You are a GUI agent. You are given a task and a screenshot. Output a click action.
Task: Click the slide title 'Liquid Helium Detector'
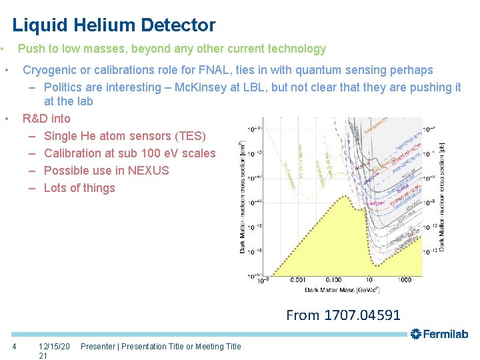click(x=114, y=25)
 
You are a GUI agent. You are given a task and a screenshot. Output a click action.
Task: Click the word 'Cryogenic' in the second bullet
click(x=50, y=70)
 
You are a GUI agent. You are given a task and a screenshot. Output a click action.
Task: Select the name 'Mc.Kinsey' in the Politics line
click(x=201, y=87)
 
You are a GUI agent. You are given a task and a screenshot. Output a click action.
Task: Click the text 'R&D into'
click(x=46, y=119)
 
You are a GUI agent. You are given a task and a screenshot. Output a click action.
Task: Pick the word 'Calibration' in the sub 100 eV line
click(x=75, y=153)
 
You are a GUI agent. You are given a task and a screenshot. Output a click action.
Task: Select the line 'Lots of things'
click(x=79, y=188)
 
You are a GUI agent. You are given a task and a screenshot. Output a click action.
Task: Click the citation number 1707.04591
click(x=361, y=315)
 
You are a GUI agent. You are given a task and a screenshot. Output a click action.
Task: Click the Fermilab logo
click(x=439, y=334)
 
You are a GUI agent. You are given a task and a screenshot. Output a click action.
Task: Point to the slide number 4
click(x=15, y=346)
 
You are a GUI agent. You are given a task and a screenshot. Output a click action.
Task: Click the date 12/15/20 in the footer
click(x=54, y=346)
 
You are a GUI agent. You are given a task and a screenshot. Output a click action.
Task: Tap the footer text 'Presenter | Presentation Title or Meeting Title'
click(x=161, y=346)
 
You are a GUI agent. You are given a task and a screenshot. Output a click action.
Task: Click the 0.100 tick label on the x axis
click(x=333, y=280)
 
